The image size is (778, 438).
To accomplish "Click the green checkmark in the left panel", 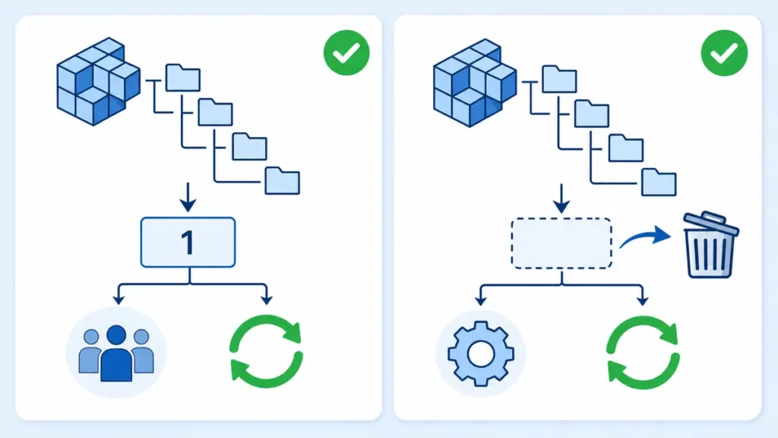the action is click(x=346, y=52).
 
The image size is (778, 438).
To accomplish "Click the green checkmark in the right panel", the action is click(x=724, y=52).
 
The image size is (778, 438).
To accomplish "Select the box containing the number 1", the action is click(x=188, y=243).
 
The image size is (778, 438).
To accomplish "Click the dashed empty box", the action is click(x=561, y=243).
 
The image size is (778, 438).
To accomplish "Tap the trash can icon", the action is click(x=710, y=245).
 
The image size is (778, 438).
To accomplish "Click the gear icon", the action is click(x=481, y=354).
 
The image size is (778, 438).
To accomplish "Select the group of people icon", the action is click(x=116, y=353).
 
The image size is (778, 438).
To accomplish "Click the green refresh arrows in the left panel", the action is click(x=267, y=351).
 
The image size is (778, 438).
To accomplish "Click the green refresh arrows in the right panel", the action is click(x=643, y=352).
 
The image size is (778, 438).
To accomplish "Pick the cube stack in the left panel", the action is click(x=98, y=81).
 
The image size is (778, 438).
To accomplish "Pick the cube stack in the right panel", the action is click(x=475, y=83).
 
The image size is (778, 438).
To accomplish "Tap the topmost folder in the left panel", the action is click(x=183, y=78).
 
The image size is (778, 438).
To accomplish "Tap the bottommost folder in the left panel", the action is click(x=283, y=181).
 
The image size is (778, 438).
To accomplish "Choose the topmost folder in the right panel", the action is click(x=559, y=79).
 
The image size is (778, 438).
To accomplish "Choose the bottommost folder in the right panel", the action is click(x=659, y=182).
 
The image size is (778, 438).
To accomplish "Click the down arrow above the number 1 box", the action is click(x=188, y=197).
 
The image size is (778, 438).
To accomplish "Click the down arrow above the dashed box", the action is click(x=561, y=198).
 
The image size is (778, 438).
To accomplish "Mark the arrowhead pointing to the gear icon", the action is click(x=480, y=300).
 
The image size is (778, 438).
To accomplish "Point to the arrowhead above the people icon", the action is click(x=119, y=300).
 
